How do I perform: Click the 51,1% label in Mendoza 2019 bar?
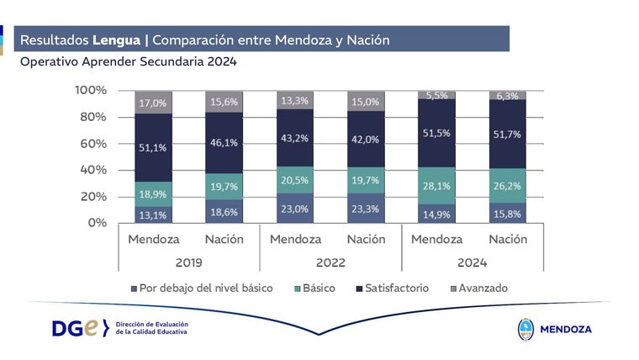(x=153, y=148)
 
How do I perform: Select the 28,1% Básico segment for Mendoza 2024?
(x=436, y=187)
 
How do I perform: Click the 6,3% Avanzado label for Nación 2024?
(x=506, y=96)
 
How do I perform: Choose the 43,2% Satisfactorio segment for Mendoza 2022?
(x=294, y=137)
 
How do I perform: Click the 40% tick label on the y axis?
(x=93, y=170)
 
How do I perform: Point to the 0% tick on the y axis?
(x=98, y=223)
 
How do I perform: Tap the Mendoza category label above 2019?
(x=153, y=239)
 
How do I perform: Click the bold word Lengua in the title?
(x=118, y=40)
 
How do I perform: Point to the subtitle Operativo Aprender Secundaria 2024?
(x=129, y=61)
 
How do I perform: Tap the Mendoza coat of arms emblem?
(x=525, y=329)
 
